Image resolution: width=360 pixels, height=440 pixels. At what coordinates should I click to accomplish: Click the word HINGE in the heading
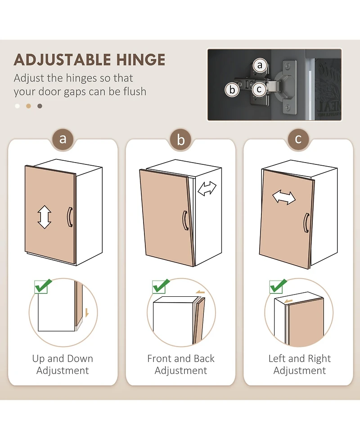[x=140, y=59]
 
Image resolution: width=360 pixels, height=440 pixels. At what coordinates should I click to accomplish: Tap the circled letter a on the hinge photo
[x=260, y=65]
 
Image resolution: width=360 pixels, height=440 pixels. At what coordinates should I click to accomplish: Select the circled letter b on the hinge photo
[x=232, y=90]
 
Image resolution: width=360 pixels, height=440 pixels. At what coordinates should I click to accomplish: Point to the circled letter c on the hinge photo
[x=259, y=90]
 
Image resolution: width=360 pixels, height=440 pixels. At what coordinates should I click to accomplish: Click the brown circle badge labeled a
[x=63, y=139]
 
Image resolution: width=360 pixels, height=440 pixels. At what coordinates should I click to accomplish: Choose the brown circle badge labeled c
[x=298, y=139]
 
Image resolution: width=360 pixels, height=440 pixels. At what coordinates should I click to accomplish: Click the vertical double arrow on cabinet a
[x=44, y=217]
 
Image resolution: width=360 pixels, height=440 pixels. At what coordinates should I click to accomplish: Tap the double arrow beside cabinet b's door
[x=207, y=189]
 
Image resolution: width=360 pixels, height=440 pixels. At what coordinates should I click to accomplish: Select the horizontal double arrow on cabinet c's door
[x=284, y=197]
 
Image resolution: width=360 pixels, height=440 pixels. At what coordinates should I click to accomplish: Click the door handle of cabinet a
[x=70, y=217]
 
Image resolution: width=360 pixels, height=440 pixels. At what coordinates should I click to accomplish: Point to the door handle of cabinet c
[x=306, y=223]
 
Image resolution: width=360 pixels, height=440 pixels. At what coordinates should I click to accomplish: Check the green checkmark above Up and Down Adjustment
[x=43, y=286]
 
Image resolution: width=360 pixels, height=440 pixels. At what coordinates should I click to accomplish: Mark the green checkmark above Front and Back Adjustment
[x=161, y=286]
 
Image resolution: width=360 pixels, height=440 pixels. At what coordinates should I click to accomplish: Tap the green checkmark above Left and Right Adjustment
[x=278, y=286]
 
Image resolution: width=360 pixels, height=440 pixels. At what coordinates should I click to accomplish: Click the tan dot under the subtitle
[x=28, y=106]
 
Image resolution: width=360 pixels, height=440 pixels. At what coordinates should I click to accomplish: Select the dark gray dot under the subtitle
[x=40, y=106]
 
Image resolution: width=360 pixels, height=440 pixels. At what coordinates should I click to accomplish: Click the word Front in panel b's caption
[x=159, y=358]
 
